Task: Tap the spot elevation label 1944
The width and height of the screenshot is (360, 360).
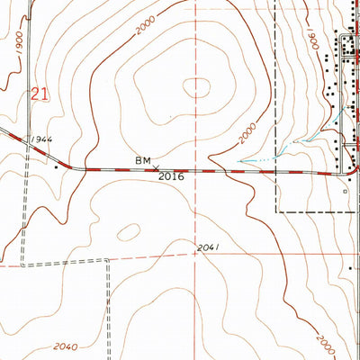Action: pos(40,141)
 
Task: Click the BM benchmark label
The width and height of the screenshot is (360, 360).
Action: pos(142,159)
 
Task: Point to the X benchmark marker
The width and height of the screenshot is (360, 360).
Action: pos(156,167)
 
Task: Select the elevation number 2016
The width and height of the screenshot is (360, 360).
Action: pos(171,177)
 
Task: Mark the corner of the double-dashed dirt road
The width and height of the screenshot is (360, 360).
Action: pos(107,261)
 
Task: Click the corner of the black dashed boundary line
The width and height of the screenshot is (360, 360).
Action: pos(276,211)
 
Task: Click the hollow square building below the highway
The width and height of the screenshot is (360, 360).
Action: pos(346,192)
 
